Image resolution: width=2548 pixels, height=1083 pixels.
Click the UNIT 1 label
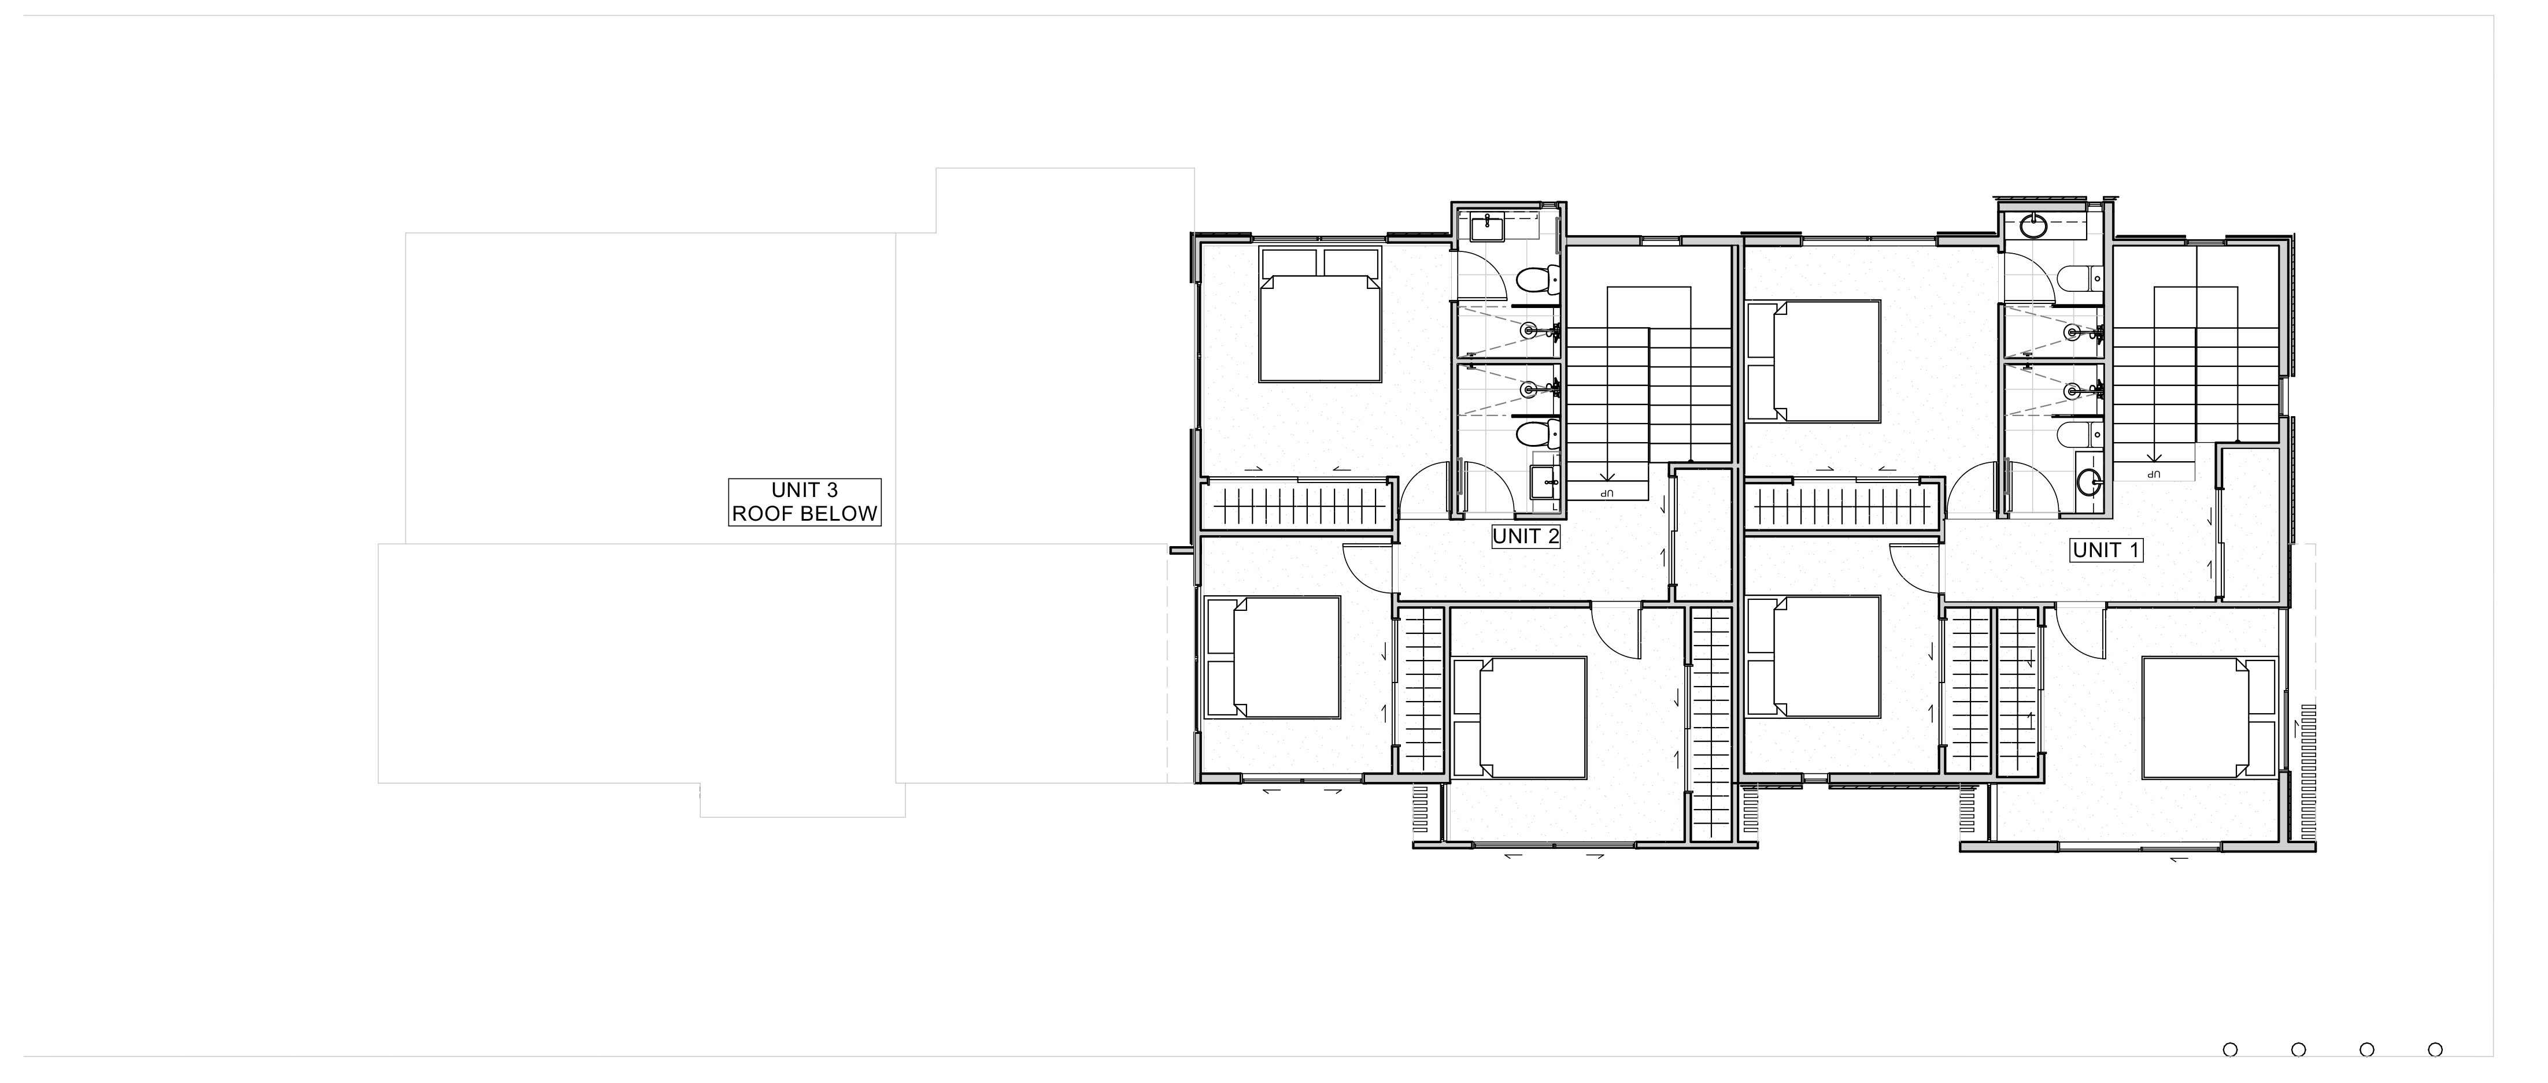tap(2106, 550)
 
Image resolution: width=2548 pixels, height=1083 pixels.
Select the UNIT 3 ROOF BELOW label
tap(804, 502)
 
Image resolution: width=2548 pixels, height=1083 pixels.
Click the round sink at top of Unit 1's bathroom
tap(2033, 227)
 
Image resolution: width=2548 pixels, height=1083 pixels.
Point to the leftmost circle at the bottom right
tap(2229, 1049)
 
